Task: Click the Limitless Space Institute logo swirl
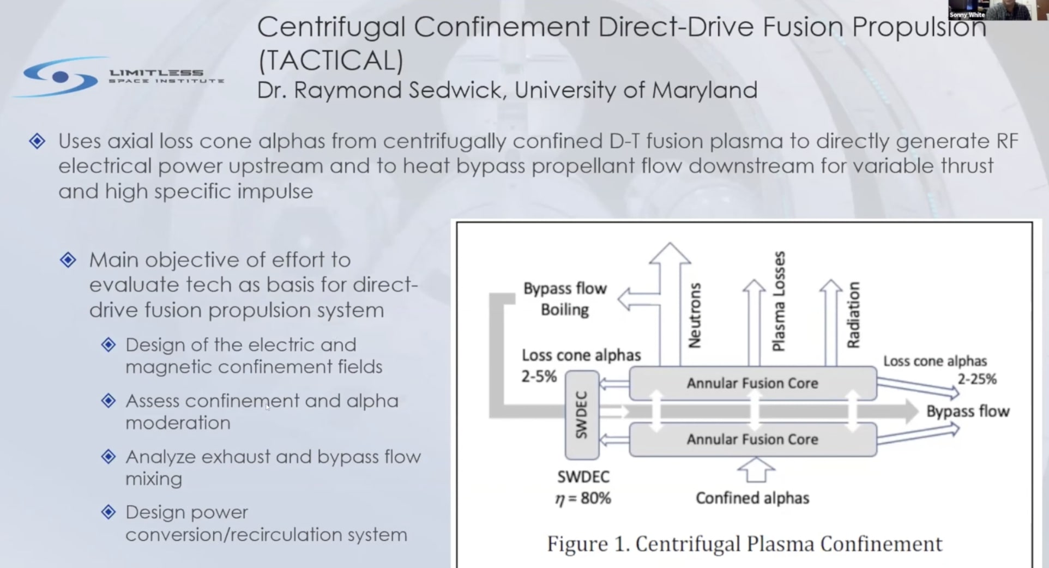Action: [60, 77]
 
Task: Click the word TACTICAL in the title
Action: [330, 59]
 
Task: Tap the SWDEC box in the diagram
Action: [582, 415]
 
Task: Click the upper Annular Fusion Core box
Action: [752, 383]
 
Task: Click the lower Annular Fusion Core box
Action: [752, 439]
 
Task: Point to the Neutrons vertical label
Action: [694, 315]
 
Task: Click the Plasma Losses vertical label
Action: [779, 301]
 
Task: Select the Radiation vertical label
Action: [853, 315]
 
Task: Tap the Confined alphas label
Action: [752, 498]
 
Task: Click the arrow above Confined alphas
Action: [756, 470]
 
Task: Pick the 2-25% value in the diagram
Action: [977, 379]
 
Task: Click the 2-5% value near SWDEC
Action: [539, 376]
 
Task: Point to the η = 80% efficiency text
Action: [583, 498]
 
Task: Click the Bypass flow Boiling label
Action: [565, 299]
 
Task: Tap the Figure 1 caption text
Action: [744, 544]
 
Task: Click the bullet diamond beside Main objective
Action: [68, 260]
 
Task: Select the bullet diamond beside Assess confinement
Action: [108, 401]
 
